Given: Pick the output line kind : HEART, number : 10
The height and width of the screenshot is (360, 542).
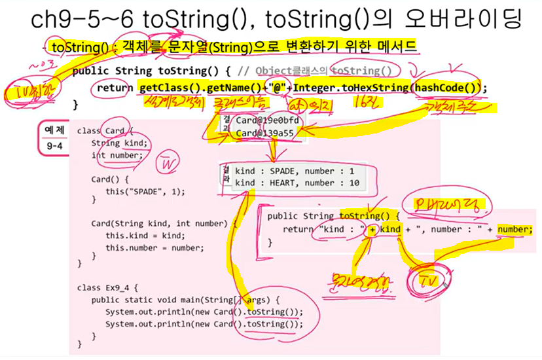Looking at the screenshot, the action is point(297,183).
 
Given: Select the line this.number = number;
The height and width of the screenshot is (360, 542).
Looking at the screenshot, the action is point(154,248).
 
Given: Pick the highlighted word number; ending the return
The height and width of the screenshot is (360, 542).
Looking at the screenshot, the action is point(515,229).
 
